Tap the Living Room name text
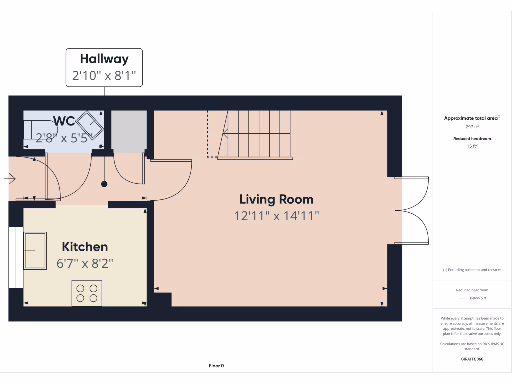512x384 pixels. point(276,200)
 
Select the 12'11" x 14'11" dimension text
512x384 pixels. point(276,216)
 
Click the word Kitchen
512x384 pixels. point(85,247)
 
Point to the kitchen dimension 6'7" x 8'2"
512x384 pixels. point(85,263)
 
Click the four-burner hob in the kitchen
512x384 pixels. point(87,293)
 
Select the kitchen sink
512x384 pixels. point(35,250)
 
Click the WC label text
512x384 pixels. point(64,121)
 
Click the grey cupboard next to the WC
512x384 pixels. point(129,131)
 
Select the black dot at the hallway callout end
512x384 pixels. point(104,184)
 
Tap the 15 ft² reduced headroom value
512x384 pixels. point(472,146)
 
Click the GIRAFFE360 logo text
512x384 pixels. point(472,359)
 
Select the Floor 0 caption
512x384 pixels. point(216,366)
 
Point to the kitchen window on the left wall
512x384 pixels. point(16,257)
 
